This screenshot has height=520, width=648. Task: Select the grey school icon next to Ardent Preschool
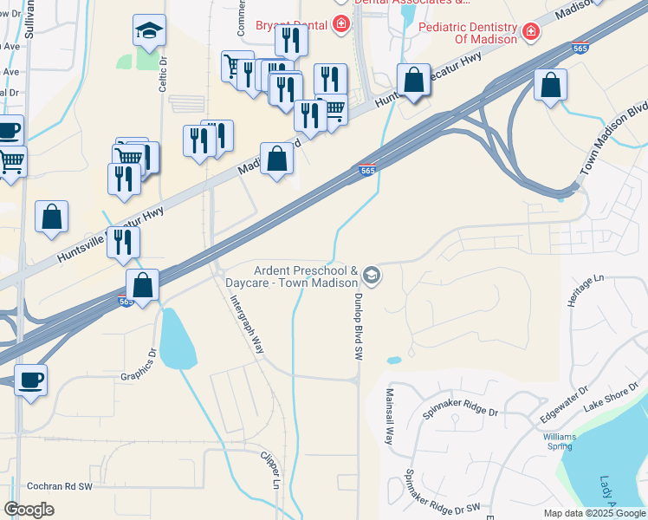371,276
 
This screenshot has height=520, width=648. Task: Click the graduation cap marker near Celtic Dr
149,31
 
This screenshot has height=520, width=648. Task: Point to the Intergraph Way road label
247,324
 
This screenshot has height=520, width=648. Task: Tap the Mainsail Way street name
389,418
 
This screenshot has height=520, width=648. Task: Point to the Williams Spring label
560,441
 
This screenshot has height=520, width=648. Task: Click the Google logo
29,509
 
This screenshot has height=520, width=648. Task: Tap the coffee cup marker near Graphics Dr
31,379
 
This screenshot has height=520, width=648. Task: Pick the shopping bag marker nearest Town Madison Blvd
550,85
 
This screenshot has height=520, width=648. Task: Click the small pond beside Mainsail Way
393,360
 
